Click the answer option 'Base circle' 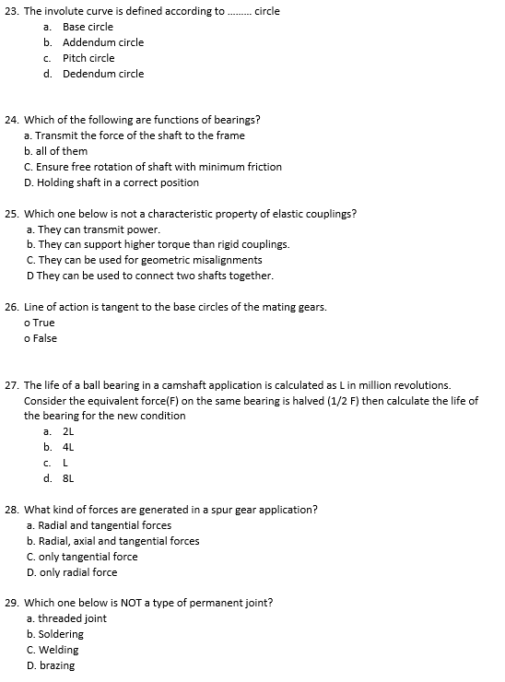click(88, 27)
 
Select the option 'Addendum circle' click(103, 42)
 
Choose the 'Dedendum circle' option click(103, 74)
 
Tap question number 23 click(12, 11)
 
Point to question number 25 click(12, 214)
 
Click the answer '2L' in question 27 click(67, 431)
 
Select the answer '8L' click(67, 478)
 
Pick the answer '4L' click(67, 447)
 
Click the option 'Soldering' click(60, 634)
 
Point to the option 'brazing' click(56, 665)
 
